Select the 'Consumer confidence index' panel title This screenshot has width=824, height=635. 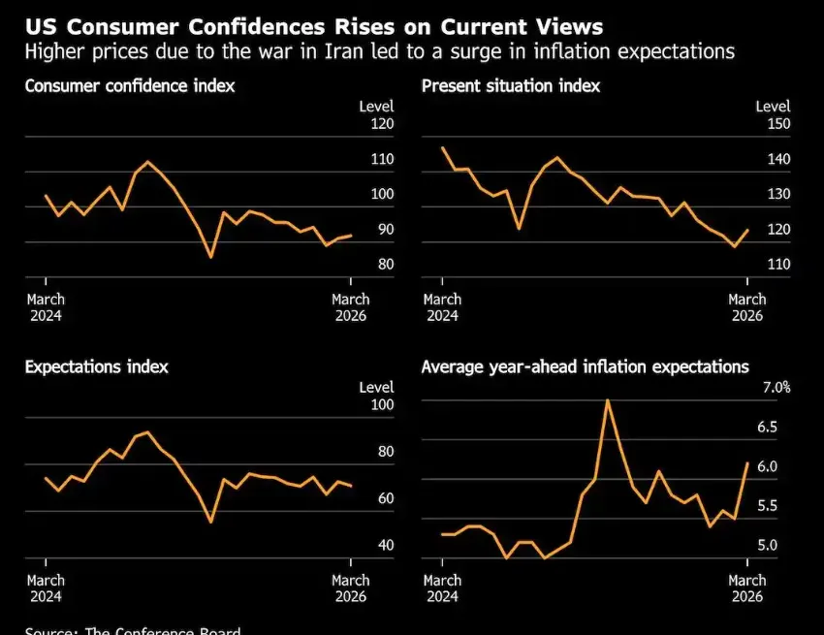pyautogui.click(x=130, y=86)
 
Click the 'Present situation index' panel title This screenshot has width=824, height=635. pyautogui.click(x=511, y=86)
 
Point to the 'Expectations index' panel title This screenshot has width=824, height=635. pyautogui.click(x=96, y=366)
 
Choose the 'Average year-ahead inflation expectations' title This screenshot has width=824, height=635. pyautogui.click(x=586, y=366)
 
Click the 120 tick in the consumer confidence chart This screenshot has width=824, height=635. pyautogui.click(x=381, y=124)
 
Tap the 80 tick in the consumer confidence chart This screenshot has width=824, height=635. pyautogui.click(x=385, y=265)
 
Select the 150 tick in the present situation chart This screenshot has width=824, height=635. pyautogui.click(x=778, y=124)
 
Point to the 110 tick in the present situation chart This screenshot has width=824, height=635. pyautogui.click(x=778, y=265)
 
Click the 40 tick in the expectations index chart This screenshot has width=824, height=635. pyautogui.click(x=385, y=546)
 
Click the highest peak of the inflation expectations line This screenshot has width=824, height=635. pyautogui.click(x=607, y=399)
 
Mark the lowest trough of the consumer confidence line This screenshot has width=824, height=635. pyautogui.click(x=210, y=257)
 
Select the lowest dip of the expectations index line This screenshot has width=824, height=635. pyautogui.click(x=210, y=523)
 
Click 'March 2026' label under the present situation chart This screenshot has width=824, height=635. pyautogui.click(x=747, y=307)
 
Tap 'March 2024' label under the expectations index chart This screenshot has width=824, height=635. pyautogui.click(x=46, y=588)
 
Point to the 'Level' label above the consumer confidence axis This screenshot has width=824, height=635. pyautogui.click(x=376, y=106)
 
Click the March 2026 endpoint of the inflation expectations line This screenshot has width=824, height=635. pyautogui.click(x=747, y=462)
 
